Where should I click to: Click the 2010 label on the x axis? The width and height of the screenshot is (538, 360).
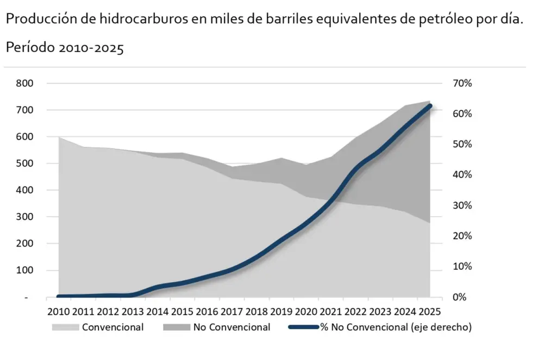pyautogui.click(x=59, y=312)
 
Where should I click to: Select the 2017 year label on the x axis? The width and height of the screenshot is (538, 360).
pyautogui.click(x=232, y=312)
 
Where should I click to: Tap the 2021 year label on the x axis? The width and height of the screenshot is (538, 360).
pyautogui.click(x=330, y=312)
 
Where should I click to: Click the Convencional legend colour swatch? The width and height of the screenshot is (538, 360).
pyautogui.click(x=65, y=327)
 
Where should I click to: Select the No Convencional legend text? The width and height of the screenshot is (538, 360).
pyautogui.click(x=232, y=327)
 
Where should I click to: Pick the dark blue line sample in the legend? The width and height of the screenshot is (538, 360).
pyautogui.click(x=303, y=327)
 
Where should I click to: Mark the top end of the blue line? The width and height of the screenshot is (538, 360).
pyautogui.click(x=430, y=106)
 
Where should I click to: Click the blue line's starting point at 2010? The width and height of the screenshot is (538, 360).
pyautogui.click(x=59, y=296)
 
